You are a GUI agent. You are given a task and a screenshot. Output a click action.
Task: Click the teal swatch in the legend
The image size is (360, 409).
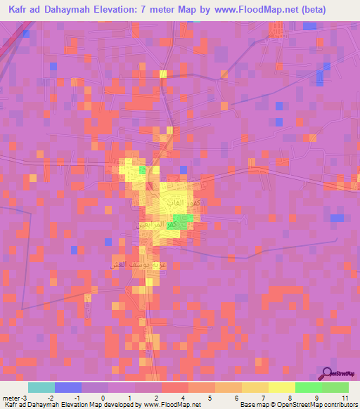pos(41,387)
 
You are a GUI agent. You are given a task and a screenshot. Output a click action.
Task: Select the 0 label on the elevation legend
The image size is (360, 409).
pos(103,397)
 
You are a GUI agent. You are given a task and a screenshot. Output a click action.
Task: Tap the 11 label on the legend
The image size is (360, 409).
pos(345,397)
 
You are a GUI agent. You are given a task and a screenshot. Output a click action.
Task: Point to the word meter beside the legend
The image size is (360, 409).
pos(11,397)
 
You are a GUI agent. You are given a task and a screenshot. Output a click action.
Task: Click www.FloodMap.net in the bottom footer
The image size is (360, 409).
pos(170,405)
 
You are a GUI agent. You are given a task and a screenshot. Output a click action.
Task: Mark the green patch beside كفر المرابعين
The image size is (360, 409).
pos(181,223)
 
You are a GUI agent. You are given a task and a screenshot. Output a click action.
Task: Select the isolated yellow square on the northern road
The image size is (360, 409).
pos(163,74)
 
